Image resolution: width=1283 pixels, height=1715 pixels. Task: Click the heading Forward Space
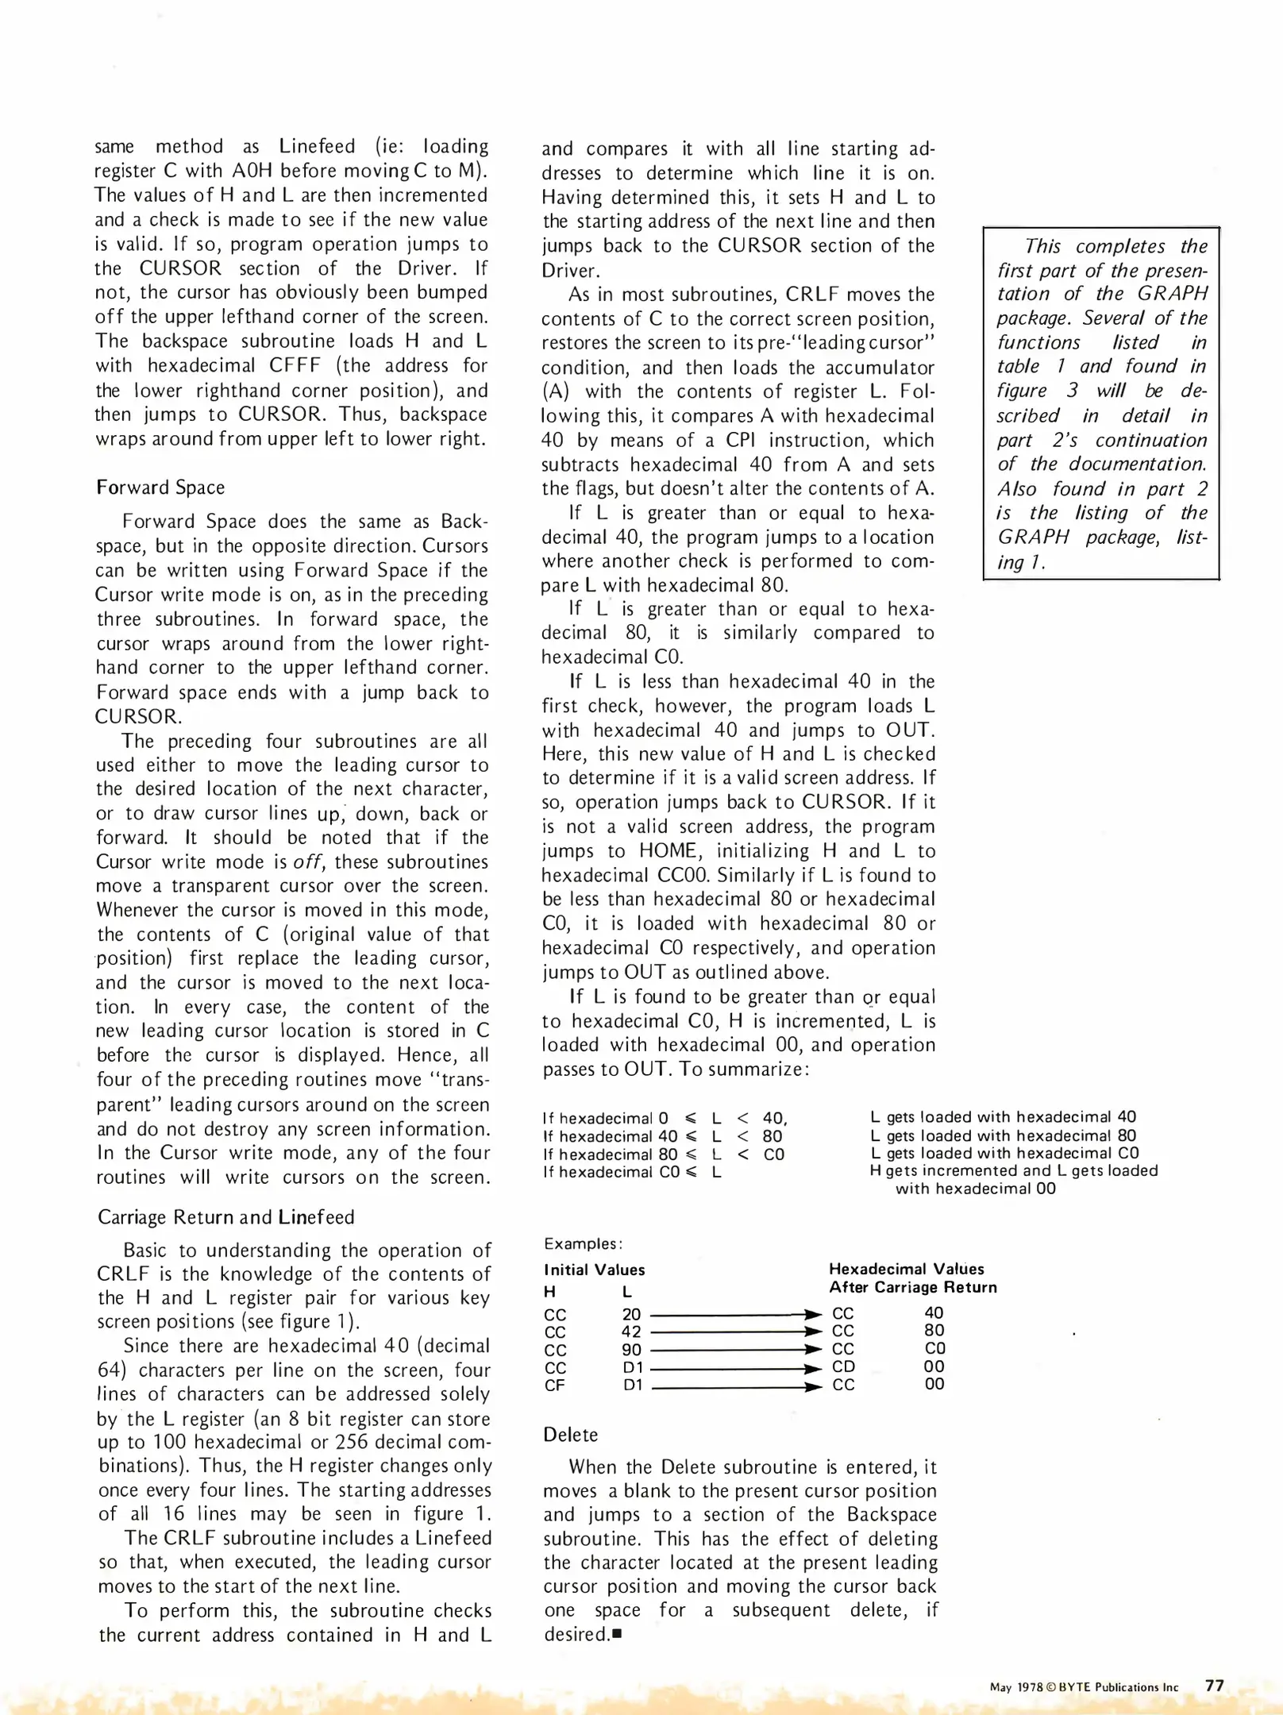click(x=160, y=488)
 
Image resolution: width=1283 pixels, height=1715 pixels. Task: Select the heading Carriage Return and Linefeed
click(x=225, y=1217)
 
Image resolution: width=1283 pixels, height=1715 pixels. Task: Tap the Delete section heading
click(x=570, y=1435)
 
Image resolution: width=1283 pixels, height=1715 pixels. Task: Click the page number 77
click(x=1215, y=1686)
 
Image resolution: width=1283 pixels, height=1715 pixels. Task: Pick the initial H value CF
click(x=555, y=1385)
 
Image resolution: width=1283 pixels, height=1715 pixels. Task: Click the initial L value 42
click(x=631, y=1332)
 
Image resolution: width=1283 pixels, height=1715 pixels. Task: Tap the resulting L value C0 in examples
click(x=934, y=1349)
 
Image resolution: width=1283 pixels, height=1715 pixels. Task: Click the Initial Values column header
click(x=594, y=1270)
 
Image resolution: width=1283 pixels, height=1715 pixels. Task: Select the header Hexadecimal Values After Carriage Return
click(x=912, y=1278)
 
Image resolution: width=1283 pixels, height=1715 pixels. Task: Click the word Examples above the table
click(x=583, y=1243)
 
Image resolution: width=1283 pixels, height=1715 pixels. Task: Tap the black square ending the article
click(x=617, y=1636)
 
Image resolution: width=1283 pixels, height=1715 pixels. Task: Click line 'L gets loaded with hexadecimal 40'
click(x=1003, y=1117)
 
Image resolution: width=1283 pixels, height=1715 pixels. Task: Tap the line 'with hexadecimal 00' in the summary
click(x=975, y=1189)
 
